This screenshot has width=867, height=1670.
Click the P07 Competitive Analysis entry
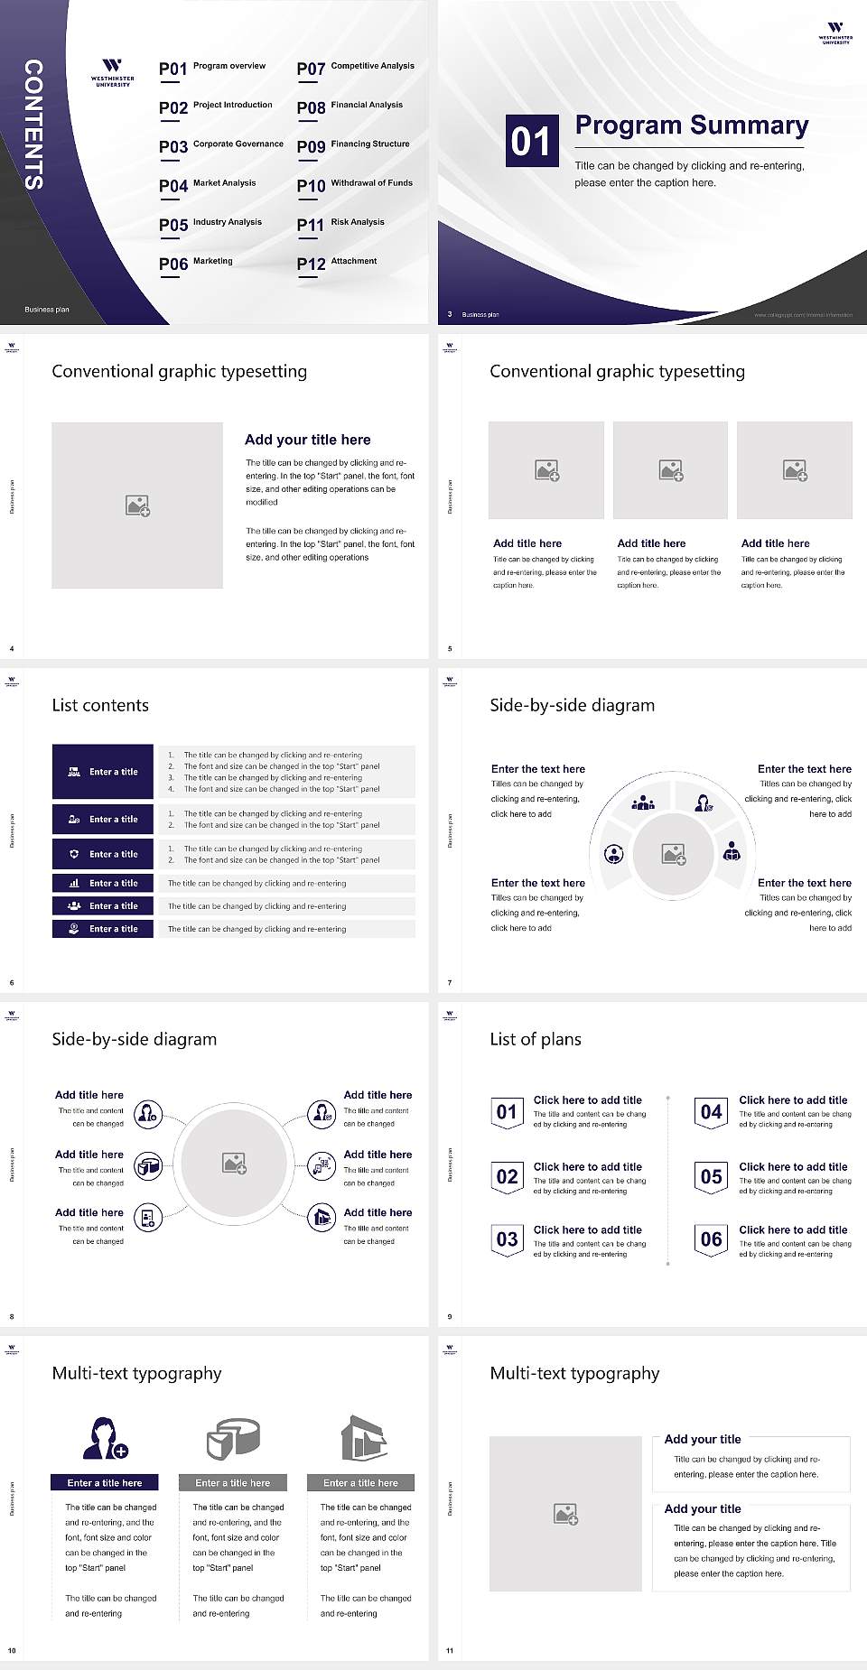356,67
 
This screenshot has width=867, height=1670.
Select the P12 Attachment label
337,262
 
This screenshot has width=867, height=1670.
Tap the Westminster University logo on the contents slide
112,72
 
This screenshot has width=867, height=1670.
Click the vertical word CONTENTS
33,125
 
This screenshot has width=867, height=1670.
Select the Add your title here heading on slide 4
307,440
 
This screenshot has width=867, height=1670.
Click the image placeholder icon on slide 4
137,506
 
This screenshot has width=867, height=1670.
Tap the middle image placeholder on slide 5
670,470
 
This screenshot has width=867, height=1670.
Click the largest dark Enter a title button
103,772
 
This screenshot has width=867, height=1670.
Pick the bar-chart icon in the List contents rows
74,884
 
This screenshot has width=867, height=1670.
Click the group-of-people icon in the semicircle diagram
643,802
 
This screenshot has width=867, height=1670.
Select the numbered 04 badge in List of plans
711,1112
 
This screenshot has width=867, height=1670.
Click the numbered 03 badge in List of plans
507,1239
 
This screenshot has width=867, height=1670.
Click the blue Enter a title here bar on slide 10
105,1482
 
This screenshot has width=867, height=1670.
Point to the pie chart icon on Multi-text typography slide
233,1437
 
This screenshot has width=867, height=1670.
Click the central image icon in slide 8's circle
235,1164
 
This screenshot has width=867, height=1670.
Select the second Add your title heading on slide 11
702,1508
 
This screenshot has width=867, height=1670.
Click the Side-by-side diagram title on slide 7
572,705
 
